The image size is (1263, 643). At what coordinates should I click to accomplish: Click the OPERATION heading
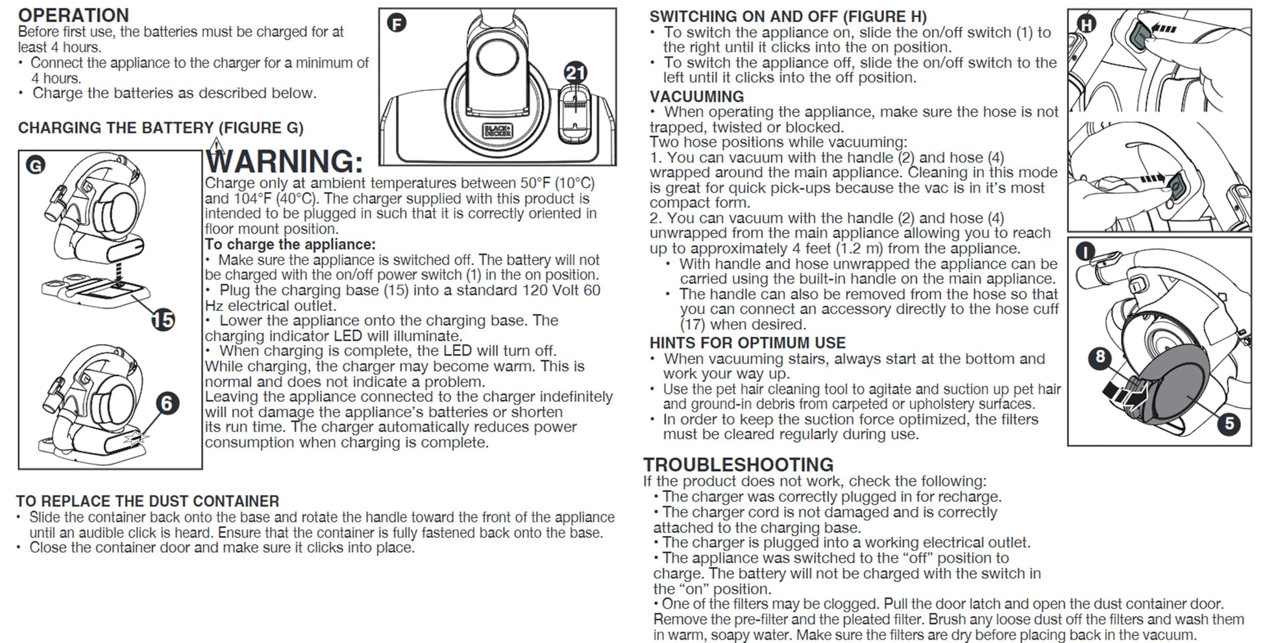click(73, 15)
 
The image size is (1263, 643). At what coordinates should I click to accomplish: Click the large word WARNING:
click(284, 161)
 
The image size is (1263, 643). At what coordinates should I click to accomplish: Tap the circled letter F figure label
click(397, 24)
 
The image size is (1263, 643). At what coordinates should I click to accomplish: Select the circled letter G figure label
click(35, 165)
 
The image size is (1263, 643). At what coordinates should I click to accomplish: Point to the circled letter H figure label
click(1086, 25)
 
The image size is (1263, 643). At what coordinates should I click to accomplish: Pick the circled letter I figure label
click(1085, 252)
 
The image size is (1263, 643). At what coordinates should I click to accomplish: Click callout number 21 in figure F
click(576, 73)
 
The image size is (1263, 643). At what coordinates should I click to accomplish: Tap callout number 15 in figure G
click(163, 319)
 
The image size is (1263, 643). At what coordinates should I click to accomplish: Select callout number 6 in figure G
click(167, 404)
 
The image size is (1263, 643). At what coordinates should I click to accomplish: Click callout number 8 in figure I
click(1100, 356)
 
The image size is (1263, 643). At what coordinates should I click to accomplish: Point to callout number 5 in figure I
click(1229, 424)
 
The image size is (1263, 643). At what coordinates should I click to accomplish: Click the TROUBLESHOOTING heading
click(739, 465)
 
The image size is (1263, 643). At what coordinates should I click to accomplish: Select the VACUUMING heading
click(697, 97)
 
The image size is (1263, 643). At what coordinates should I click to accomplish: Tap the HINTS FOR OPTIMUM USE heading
click(748, 343)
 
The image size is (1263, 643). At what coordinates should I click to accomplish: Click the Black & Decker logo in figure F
click(497, 130)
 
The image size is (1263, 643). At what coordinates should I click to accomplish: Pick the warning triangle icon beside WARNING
click(217, 145)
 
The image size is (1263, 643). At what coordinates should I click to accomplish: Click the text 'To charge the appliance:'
click(290, 245)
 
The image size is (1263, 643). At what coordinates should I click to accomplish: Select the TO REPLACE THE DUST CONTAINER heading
click(148, 502)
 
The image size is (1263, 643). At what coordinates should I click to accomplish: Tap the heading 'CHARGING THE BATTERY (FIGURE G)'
click(160, 128)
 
